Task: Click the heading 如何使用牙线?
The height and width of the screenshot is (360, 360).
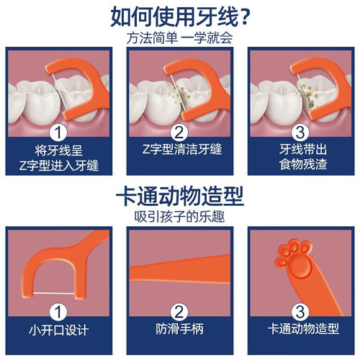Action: [x=180, y=17]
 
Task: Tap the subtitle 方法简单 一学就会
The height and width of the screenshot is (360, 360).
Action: [x=179, y=38]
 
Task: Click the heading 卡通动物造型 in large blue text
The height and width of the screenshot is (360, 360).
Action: [x=180, y=196]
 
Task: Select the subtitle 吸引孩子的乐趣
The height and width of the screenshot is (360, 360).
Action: [x=179, y=217]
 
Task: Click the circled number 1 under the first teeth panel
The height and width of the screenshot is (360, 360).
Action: [x=58, y=132]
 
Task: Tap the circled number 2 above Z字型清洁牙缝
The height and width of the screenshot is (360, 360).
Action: [x=179, y=132]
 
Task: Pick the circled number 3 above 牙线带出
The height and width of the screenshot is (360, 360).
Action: [x=300, y=132]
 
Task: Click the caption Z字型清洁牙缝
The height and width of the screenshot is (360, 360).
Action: [x=182, y=149]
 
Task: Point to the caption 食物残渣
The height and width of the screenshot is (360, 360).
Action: [x=303, y=164]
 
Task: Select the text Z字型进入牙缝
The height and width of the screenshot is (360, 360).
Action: [x=59, y=166]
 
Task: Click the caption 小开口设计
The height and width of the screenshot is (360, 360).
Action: [x=59, y=330]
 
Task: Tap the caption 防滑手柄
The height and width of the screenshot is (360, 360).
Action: [x=179, y=329]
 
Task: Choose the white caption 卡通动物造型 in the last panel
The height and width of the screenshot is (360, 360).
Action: [x=303, y=329]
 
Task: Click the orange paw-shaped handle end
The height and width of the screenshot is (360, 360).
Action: [x=294, y=259]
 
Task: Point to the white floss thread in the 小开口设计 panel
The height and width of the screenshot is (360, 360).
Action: [x=54, y=293]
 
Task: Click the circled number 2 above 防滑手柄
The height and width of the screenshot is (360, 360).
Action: [x=179, y=312]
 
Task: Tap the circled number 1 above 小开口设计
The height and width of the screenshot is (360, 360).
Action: [x=58, y=312]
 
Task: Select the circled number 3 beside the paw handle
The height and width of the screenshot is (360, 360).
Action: [x=300, y=312]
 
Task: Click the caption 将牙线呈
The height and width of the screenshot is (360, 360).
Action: [x=59, y=150]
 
